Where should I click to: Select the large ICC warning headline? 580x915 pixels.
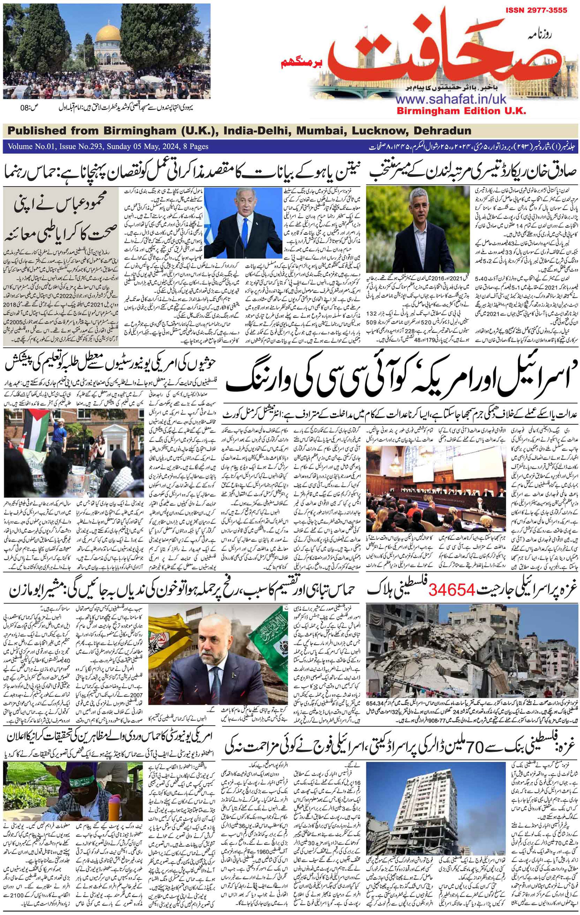pos(397,382)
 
